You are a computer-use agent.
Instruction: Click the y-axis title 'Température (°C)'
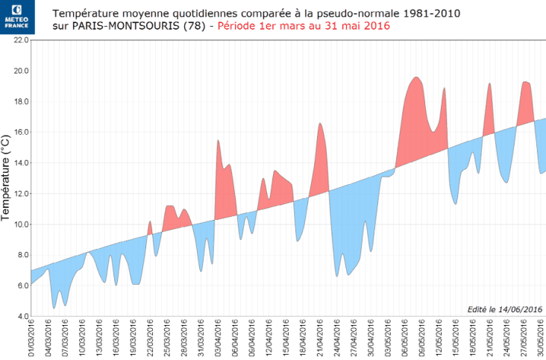(x=7, y=179)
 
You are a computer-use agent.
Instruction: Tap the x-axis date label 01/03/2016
(x=31, y=338)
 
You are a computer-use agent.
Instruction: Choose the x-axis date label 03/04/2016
(x=218, y=338)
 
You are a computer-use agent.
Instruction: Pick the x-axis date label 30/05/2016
(x=541, y=338)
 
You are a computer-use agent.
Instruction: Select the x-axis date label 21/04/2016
(x=319, y=338)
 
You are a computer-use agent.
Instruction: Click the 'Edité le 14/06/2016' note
(x=504, y=309)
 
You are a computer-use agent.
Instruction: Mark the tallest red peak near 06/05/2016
(x=416, y=78)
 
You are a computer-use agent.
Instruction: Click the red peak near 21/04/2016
(x=319, y=124)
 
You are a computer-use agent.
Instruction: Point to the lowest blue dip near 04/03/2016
(x=54, y=307)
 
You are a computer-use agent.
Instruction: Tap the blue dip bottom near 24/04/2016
(x=337, y=276)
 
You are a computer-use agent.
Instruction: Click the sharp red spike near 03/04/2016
(x=218, y=141)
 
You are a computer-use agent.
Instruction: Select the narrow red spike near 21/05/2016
(x=489, y=83)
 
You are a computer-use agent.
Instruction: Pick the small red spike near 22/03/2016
(x=150, y=222)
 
